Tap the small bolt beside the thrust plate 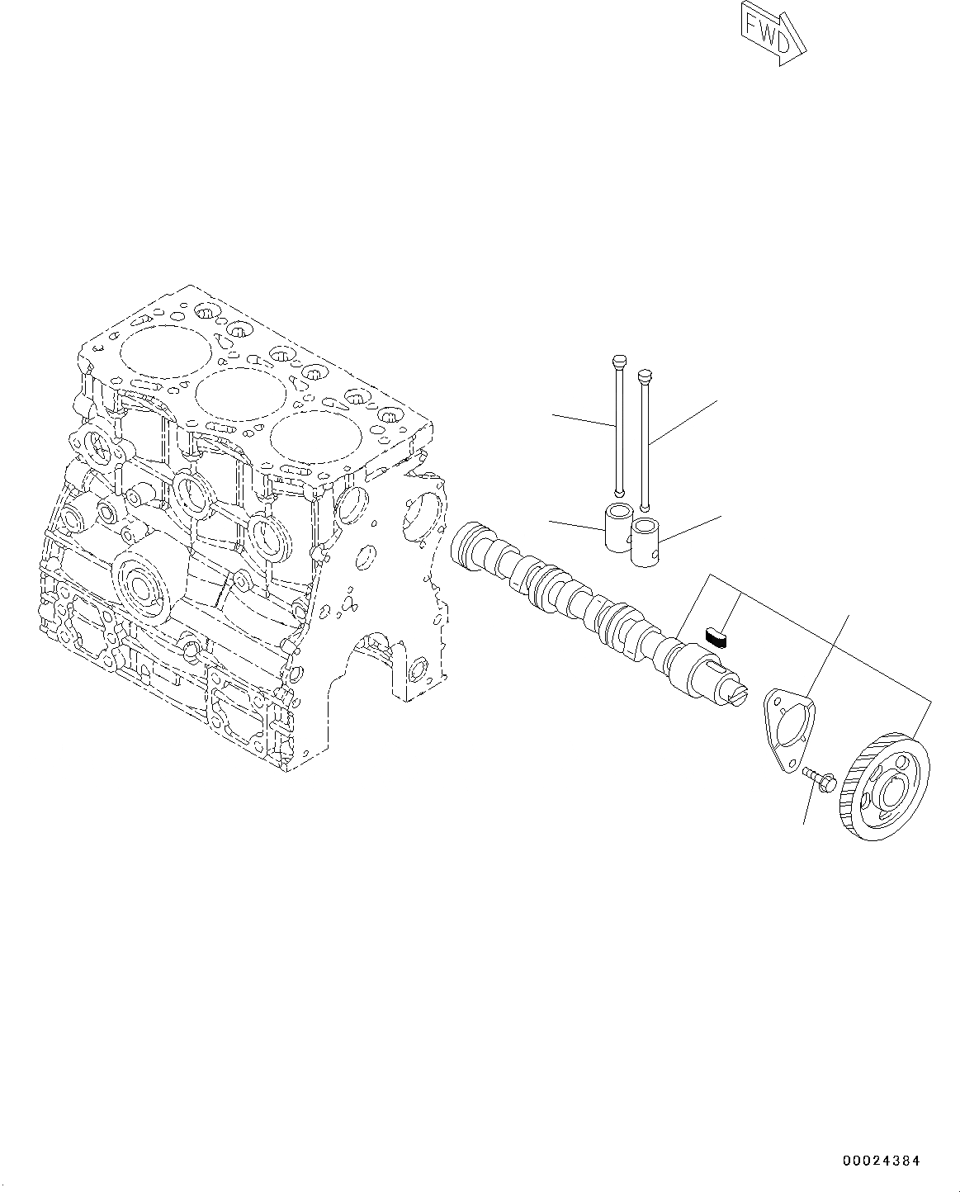point(818,778)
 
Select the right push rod point(646,442)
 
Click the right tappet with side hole point(646,542)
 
